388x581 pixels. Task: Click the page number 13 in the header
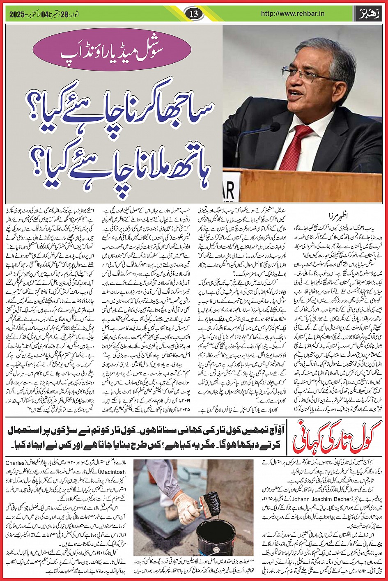point(194,13)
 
